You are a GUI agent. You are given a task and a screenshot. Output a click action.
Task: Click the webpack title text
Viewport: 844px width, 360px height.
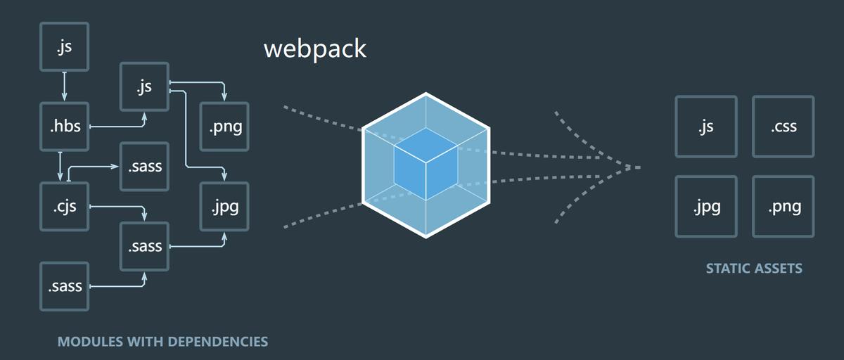point(315,49)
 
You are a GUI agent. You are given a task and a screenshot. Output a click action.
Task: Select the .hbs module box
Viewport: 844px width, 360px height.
point(65,127)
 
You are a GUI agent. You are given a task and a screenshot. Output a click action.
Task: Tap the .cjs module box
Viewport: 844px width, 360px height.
point(65,207)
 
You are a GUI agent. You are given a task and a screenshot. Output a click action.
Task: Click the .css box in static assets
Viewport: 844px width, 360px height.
point(783,127)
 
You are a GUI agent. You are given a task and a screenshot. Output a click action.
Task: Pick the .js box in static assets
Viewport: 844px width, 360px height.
point(706,127)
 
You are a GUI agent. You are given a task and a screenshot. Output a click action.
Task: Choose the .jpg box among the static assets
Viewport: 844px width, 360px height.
point(706,207)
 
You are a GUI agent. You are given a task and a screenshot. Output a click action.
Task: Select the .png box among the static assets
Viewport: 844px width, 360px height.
point(783,207)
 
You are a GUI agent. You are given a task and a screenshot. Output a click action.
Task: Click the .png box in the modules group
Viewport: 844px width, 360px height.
point(225,127)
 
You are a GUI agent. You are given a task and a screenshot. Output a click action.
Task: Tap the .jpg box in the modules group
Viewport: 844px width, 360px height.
point(225,207)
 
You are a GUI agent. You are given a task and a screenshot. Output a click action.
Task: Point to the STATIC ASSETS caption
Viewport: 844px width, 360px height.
point(754,269)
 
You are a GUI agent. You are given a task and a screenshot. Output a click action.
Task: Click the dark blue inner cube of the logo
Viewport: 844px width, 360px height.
point(425,163)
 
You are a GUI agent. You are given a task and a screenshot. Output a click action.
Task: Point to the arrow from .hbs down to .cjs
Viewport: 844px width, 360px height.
point(60,166)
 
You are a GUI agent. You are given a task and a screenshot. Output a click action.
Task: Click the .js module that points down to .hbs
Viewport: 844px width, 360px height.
point(65,47)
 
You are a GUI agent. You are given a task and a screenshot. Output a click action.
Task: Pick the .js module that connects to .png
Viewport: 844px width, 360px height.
point(144,86)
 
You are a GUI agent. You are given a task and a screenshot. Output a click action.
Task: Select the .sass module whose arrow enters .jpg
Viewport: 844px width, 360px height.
point(144,247)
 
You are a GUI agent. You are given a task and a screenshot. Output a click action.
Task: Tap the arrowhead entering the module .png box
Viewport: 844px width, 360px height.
point(224,96)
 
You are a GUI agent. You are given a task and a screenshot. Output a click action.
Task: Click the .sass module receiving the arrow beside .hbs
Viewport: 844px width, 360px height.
point(144,167)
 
